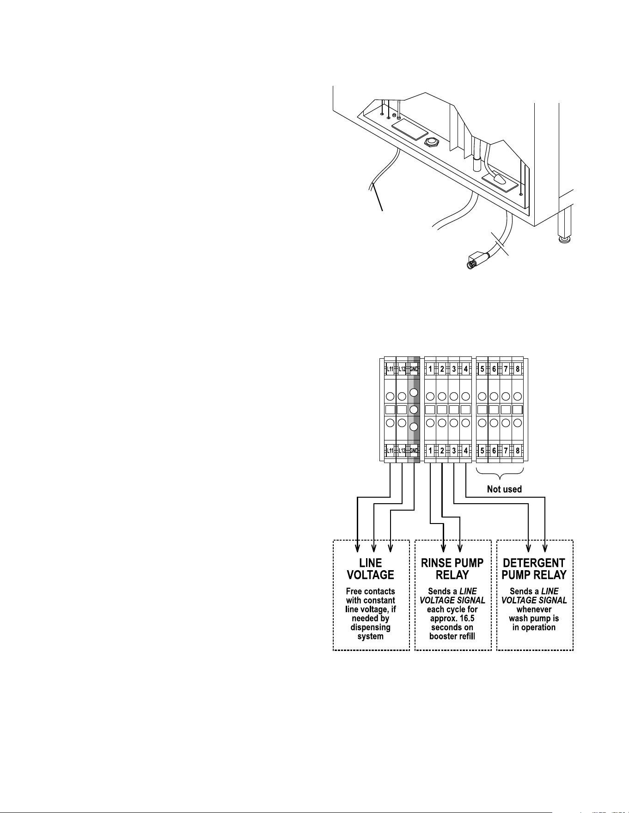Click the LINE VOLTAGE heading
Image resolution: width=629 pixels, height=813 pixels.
371,569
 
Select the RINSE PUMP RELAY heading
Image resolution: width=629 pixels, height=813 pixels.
452,569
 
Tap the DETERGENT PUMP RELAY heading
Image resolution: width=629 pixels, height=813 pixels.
534,569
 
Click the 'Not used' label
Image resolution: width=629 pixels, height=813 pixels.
504,489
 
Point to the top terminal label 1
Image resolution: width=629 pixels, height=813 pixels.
430,369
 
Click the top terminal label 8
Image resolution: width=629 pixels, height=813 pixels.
518,369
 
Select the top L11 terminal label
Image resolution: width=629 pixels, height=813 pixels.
390,369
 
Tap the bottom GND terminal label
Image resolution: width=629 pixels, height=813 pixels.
414,451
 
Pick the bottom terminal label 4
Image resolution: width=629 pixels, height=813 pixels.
466,451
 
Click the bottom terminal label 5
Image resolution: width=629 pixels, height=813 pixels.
482,451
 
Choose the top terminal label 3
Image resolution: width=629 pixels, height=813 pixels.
454,369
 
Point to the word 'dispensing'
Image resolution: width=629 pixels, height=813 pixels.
371,627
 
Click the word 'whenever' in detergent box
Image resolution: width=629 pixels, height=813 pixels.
534,609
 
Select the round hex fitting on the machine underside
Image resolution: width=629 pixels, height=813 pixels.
431,142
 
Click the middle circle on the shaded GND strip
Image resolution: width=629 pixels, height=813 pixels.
414,410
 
